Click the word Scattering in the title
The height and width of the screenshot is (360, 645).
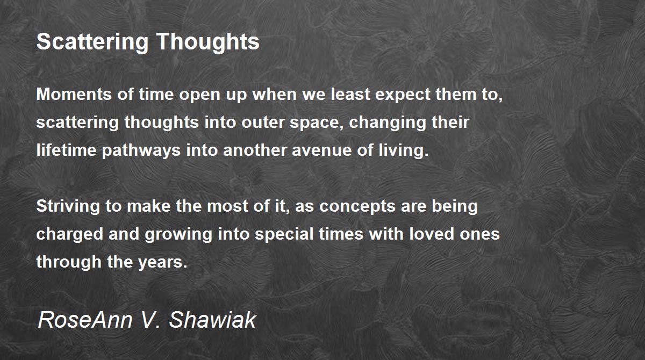click(x=92, y=42)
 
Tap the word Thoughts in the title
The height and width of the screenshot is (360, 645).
click(x=208, y=41)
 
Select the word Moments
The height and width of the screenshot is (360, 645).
click(x=74, y=94)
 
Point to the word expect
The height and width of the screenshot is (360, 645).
click(x=403, y=95)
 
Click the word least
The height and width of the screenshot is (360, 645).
click(x=350, y=94)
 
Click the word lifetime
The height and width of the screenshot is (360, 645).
click(x=67, y=150)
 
